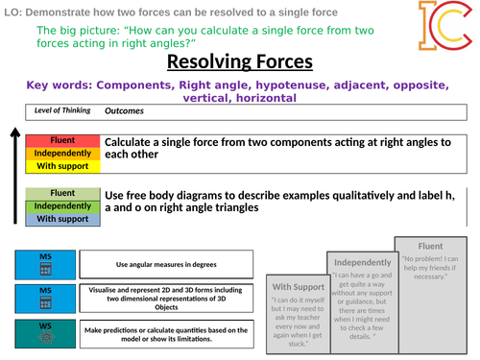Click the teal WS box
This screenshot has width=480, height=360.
tap(45, 335)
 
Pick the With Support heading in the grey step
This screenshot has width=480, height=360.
tap(298, 287)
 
